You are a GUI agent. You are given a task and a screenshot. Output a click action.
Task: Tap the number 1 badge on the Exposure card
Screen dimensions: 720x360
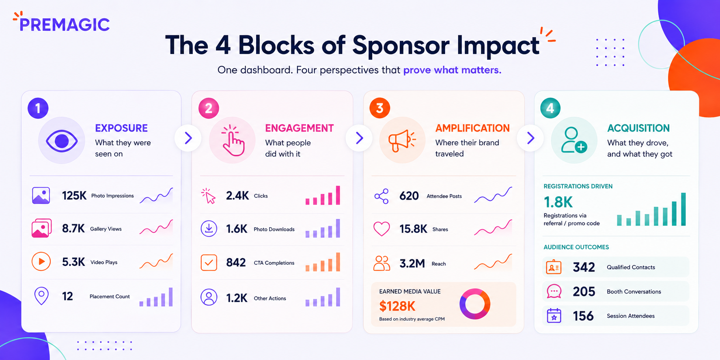[38, 108]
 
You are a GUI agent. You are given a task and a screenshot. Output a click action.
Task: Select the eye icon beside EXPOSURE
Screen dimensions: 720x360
[62, 141]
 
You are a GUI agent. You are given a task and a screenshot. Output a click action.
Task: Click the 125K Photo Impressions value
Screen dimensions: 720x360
[74, 196]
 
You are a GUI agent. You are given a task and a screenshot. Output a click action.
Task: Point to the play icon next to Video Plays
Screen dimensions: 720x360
[41, 261]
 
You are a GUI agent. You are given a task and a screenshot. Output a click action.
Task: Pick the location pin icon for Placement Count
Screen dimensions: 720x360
[41, 296]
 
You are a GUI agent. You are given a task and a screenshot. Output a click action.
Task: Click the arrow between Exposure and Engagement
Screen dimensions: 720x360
[188, 138]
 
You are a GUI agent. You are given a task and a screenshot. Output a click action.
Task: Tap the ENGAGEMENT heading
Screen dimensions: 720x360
[299, 128]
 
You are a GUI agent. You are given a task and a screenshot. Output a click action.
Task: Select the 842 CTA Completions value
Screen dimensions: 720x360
[236, 263]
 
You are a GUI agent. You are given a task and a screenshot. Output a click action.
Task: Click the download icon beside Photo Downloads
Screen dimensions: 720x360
[209, 229]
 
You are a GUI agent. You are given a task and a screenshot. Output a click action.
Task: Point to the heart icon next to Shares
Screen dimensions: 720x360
[382, 229]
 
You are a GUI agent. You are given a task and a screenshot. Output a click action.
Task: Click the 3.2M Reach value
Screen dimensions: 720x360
[412, 264]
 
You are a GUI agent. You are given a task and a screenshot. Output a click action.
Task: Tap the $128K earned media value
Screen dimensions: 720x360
[397, 306]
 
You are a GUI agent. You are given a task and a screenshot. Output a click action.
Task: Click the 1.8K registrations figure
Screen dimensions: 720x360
[558, 202]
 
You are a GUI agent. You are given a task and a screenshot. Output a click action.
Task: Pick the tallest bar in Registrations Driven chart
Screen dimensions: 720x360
[683, 209]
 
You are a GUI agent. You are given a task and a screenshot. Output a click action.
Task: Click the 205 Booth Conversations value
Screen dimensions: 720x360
[584, 291]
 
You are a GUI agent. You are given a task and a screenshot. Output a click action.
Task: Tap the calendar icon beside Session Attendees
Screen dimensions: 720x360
[554, 315]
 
